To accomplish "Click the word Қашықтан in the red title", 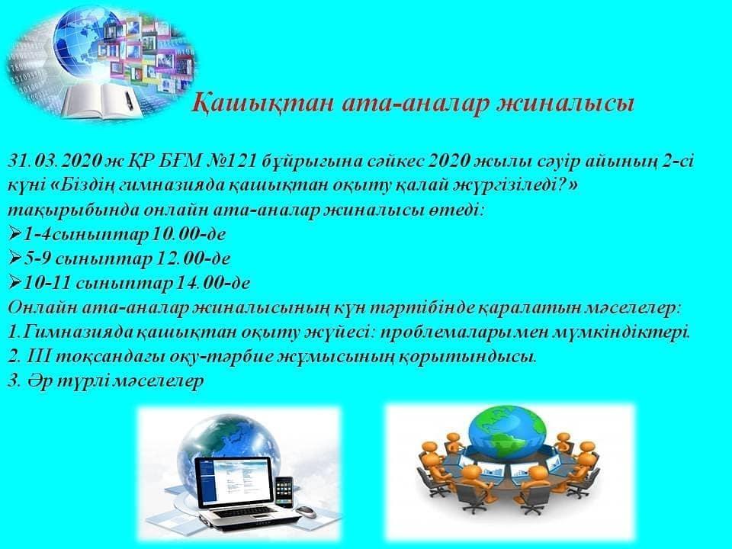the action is (262, 104).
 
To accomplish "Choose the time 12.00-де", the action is (192, 258).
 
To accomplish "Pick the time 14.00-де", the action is (212, 282).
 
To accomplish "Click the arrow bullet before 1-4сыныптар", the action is (15, 234).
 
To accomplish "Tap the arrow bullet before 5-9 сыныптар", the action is (15, 258).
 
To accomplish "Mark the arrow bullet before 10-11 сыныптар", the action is (15, 282).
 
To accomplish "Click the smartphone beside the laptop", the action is (284, 493).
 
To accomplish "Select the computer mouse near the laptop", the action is (306, 512).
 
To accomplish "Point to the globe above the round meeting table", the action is (507, 429).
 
